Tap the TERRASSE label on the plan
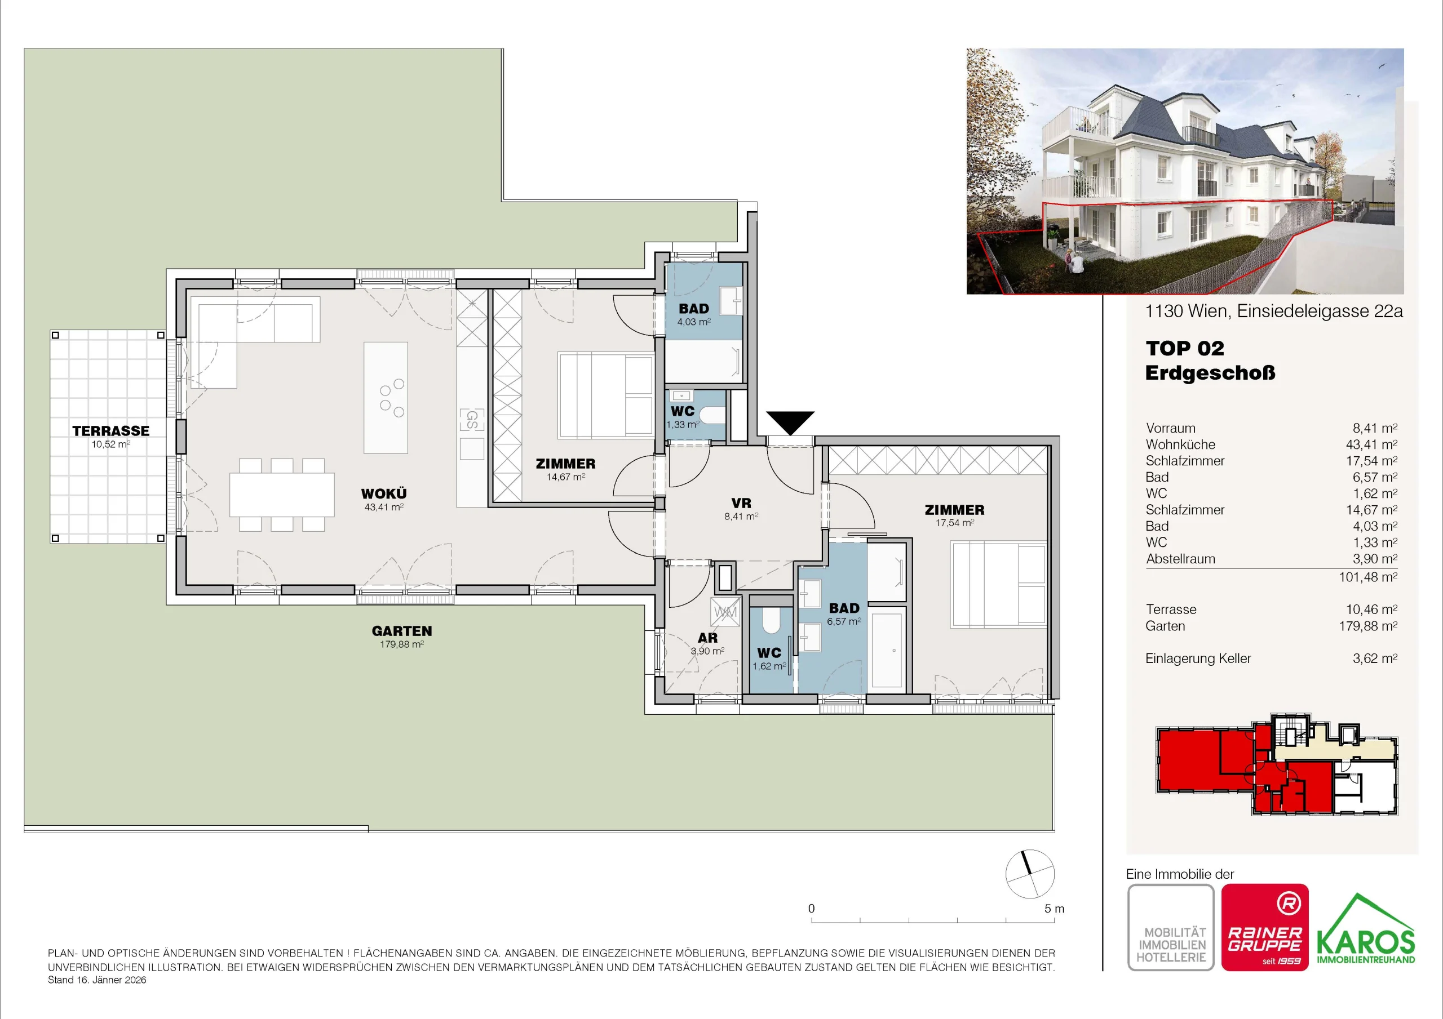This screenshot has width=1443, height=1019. pos(110,431)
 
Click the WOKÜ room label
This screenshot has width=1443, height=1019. pos(383,494)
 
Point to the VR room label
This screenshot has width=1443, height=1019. pos(741,503)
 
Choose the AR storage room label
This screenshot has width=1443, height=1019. pos(707,638)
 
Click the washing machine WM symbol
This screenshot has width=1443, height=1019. pos(725,612)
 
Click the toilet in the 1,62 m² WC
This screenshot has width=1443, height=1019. pos(771,620)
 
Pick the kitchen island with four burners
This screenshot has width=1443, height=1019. pos(386,398)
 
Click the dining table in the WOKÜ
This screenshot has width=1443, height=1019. pos(282,495)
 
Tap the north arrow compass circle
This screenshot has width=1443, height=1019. pos(1029,874)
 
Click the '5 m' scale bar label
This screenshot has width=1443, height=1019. pos(1055,909)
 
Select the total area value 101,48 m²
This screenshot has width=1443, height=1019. pos(1367,577)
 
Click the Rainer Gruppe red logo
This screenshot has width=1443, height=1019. pos(1264,927)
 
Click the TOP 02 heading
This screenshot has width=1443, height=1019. pos(1185,348)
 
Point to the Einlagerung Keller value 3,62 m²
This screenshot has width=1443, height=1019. pos(1375,658)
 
